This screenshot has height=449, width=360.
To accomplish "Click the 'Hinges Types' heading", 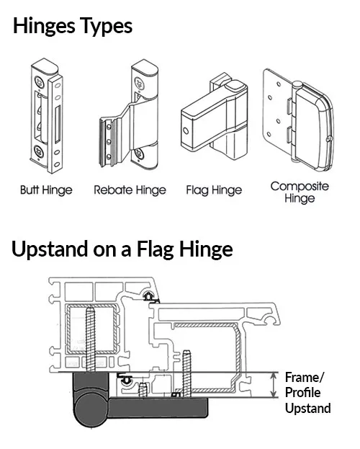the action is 73,27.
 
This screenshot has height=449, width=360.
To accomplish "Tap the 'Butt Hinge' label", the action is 46,190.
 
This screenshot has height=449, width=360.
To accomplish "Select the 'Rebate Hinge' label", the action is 130,190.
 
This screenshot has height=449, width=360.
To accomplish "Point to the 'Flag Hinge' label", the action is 214,190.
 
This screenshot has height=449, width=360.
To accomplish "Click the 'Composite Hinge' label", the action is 300,192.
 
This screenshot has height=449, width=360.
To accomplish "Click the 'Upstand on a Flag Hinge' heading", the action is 122,249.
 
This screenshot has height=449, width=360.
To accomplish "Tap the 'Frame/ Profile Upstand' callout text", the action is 307,393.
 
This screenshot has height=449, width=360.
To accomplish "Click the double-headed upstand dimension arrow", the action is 274,385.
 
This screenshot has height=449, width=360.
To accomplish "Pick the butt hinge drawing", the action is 46,115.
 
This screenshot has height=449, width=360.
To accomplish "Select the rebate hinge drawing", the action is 129,115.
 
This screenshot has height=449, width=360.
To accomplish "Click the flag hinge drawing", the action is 214,117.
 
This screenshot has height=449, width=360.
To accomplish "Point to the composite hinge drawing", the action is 298,120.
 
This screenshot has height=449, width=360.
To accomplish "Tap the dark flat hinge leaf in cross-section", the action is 158,407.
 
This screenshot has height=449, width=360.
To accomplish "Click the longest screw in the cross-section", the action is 90,339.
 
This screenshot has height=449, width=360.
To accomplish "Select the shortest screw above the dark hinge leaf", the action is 143,390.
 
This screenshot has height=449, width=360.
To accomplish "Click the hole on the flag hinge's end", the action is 186,131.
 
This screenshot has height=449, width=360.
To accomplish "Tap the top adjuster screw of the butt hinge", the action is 39,81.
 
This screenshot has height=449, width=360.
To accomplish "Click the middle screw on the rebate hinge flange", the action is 109,142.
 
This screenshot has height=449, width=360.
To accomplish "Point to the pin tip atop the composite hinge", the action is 297,84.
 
